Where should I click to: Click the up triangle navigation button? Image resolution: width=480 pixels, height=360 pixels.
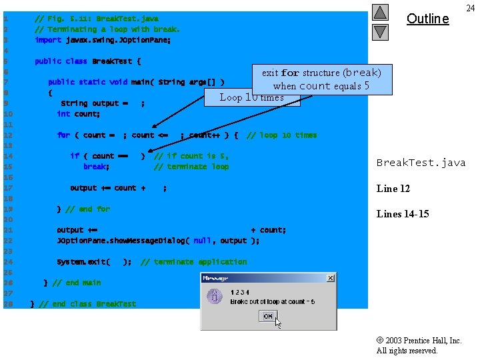[x=380, y=12]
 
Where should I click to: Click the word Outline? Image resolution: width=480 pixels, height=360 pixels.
[x=427, y=19]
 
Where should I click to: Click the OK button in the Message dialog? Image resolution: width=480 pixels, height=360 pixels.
[x=267, y=316]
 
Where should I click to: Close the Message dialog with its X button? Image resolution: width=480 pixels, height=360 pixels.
[x=330, y=278]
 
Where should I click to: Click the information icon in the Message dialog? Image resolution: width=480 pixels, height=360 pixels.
[x=215, y=297]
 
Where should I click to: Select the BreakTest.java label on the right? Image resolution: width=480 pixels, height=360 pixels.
[x=421, y=163]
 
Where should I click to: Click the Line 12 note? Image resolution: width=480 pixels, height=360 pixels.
[x=393, y=189]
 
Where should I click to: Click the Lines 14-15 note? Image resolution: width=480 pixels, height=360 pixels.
[x=403, y=214]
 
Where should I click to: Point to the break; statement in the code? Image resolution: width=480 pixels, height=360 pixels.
[x=96, y=167]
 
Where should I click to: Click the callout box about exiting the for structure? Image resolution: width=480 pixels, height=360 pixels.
[x=321, y=79]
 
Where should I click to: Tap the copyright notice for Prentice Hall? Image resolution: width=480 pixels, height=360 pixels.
[x=419, y=345]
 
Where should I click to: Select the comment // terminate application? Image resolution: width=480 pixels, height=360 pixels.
[x=193, y=262]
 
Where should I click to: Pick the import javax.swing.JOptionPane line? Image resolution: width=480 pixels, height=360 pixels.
[x=103, y=40]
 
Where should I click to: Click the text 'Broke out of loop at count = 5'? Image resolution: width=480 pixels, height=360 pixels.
[x=273, y=302]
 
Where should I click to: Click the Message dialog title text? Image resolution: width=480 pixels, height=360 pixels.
[x=215, y=278]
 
